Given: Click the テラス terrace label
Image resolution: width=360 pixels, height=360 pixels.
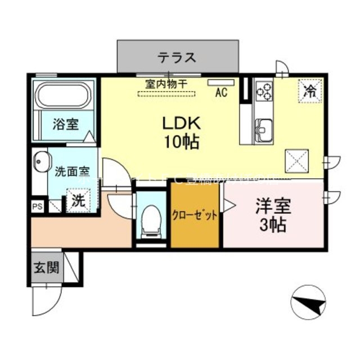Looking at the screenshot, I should [177, 57].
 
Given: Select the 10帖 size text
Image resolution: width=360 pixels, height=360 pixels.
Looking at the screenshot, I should [181, 142].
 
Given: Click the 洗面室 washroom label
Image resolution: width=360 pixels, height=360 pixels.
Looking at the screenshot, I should [72, 172].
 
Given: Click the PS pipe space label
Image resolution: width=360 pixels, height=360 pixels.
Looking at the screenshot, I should [37, 206].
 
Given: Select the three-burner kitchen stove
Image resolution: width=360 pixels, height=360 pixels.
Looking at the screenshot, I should [263, 91].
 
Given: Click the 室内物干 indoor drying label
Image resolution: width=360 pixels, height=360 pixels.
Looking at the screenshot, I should [166, 84].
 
